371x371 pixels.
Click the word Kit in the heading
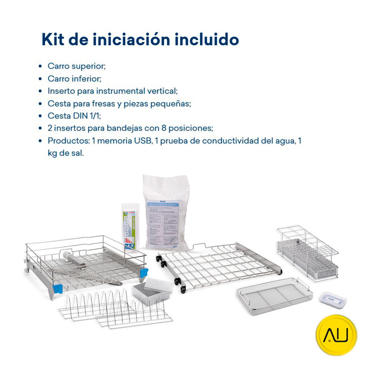point(53,39)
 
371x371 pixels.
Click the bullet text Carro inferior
point(74,79)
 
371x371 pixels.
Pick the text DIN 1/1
point(85,116)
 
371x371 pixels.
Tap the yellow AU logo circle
point(336,335)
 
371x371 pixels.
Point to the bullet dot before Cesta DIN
point(40,116)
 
